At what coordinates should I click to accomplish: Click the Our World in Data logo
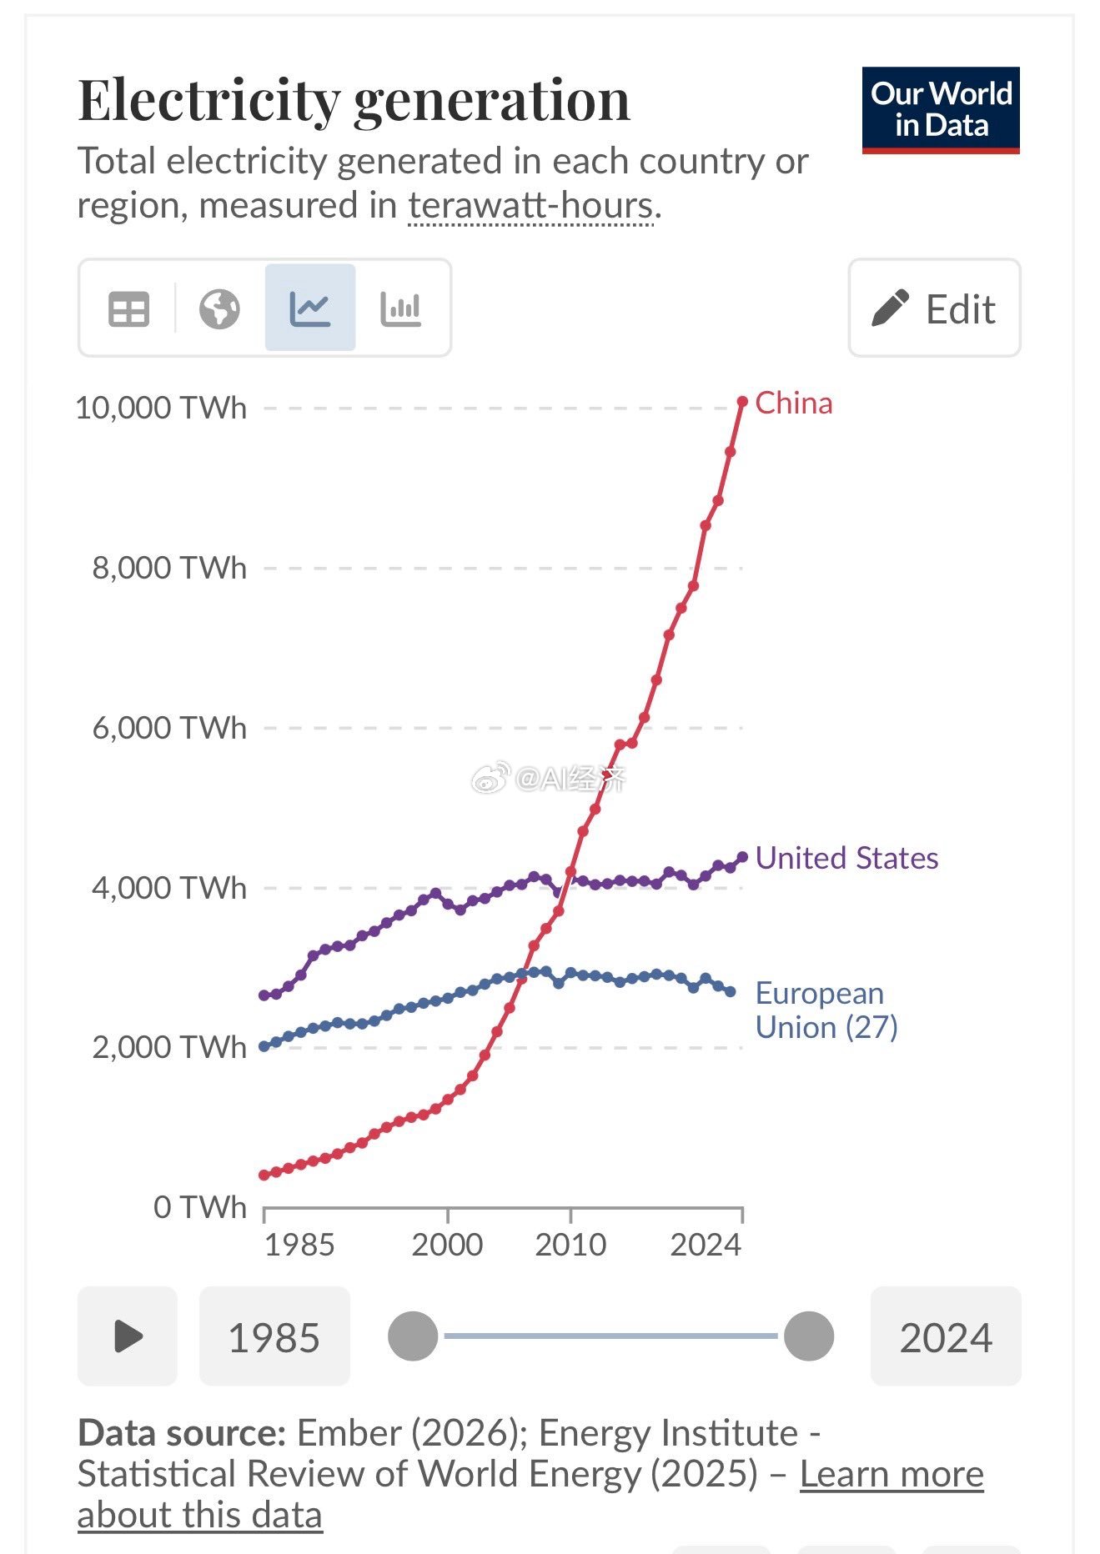coord(940,110)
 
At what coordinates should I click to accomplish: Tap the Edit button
coord(934,308)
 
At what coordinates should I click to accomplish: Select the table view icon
coord(128,308)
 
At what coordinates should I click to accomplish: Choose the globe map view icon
coord(219,308)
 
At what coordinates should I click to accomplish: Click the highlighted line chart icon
coord(310,308)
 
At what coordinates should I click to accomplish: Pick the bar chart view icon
coord(400,308)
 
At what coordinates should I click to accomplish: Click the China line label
coord(793,404)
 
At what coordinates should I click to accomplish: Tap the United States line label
coord(846,858)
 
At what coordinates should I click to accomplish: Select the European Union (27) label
coord(825,1010)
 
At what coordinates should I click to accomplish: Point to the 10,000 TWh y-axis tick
coord(162,409)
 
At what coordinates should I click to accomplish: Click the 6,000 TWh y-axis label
coord(169,728)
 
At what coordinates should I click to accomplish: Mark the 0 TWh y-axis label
coord(200,1206)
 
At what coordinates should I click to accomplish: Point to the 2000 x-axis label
coord(447,1244)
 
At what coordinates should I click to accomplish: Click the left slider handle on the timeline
coord(413,1336)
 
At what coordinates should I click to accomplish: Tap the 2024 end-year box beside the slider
coord(945,1336)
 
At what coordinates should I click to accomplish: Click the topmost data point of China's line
coord(742,402)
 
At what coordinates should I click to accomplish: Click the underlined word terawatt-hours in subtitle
coord(530,205)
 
